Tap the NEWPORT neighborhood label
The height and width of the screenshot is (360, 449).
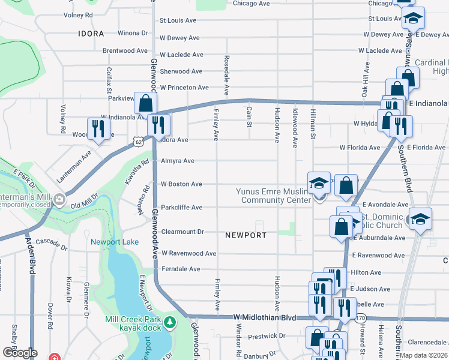[246, 235]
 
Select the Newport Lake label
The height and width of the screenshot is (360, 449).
[115, 242]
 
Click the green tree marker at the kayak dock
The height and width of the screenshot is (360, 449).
[170, 323]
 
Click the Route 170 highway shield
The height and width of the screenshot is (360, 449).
[360, 317]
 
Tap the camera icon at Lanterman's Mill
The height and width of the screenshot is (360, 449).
[59, 199]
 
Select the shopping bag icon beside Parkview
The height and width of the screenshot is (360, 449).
[145, 103]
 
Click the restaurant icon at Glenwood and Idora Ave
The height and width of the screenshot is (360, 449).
[158, 125]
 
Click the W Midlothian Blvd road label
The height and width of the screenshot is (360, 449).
[264, 317]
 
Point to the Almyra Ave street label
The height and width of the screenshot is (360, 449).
[177, 161]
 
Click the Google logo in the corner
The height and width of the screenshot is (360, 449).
[20, 353]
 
